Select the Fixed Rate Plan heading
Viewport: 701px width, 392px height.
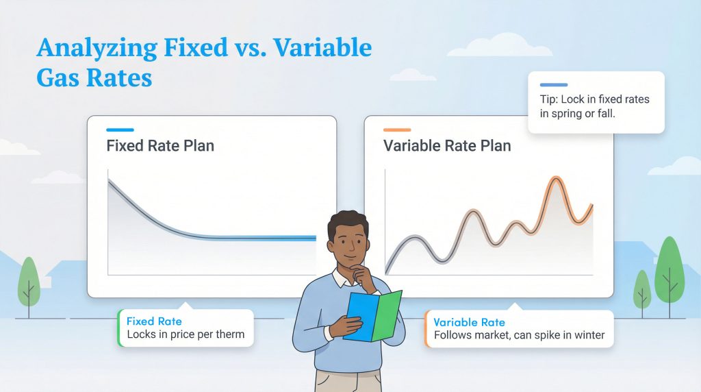(160, 146)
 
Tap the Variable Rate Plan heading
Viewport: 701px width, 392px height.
(447, 146)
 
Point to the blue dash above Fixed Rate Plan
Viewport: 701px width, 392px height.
(120, 130)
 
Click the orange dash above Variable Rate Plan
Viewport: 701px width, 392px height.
(397, 130)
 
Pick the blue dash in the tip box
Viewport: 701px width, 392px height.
(553, 85)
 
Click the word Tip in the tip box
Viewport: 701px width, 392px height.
(549, 99)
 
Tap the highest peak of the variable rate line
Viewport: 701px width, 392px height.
(555, 179)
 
